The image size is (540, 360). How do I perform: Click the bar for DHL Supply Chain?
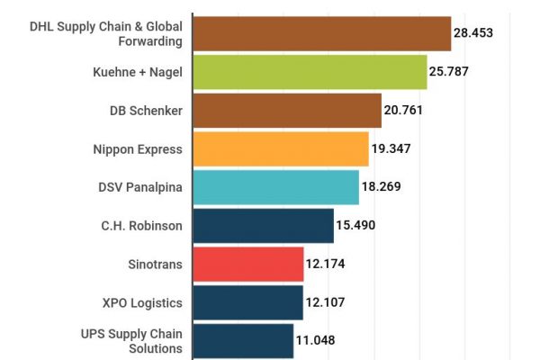pos(321,33)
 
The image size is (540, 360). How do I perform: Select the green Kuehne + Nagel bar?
pos(310,72)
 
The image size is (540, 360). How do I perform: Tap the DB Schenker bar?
pos(287,111)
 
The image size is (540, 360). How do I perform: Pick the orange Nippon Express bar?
pos(281,148)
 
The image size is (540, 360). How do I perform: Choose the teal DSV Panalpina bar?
pos(275,187)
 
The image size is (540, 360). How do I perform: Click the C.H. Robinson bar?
pos(263,225)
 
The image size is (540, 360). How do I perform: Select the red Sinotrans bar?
pos(247,264)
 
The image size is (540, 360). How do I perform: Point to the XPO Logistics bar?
pos(247,302)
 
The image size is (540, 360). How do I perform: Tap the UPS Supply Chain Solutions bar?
pos(243,341)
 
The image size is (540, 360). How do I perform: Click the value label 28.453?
pos(473,33)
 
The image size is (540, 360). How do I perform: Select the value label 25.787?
pos(450,72)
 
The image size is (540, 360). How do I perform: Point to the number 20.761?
pos(404,111)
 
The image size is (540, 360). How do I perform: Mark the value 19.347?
pos(391,148)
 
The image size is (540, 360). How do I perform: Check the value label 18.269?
pos(382,187)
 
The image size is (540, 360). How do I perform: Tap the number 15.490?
pos(355,225)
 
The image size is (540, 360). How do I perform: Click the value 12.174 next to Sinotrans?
pos(326,264)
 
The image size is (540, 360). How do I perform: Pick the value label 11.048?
pos(316,341)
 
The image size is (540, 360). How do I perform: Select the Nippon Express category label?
pos(138,148)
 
